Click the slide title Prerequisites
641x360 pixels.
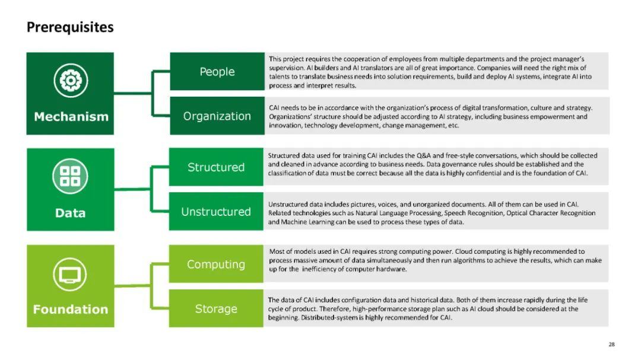pos(70,27)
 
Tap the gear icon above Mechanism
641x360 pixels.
pos(71,79)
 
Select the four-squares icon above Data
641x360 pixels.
pos(70,176)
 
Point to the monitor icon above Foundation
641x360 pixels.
pos(70,273)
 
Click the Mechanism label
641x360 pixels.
pos(71,116)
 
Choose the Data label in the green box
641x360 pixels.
pos(70,213)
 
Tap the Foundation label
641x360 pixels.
pos(70,309)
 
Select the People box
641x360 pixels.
pos(217,72)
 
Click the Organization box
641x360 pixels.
pos(217,116)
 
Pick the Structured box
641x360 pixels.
pos(216,167)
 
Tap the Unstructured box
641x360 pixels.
pos(216,212)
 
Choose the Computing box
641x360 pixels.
pos(216,265)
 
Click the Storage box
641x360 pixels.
pos(216,309)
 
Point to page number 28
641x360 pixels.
pos(611,345)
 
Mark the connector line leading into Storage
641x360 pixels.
pos(160,308)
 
